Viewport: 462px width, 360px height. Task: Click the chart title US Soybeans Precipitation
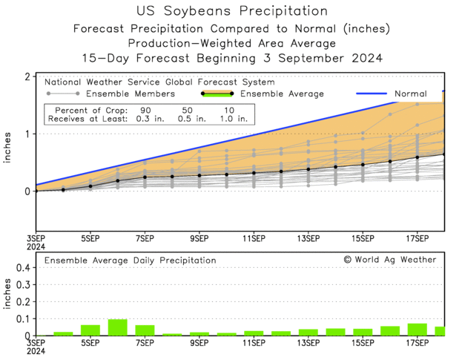[232, 11]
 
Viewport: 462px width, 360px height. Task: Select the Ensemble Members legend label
[131, 94]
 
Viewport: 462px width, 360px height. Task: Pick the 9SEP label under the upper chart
[199, 238]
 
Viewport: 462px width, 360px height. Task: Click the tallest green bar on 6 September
[118, 327]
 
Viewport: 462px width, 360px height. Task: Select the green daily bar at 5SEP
[90, 330]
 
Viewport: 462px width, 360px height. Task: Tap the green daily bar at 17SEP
[417, 330]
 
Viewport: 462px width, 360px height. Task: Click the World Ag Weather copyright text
[389, 260]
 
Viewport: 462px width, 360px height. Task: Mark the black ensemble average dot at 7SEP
[145, 177]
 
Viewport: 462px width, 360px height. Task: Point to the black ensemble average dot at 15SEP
[363, 165]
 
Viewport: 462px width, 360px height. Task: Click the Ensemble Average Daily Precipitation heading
[131, 261]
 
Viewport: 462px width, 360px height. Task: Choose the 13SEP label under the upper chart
[308, 238]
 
